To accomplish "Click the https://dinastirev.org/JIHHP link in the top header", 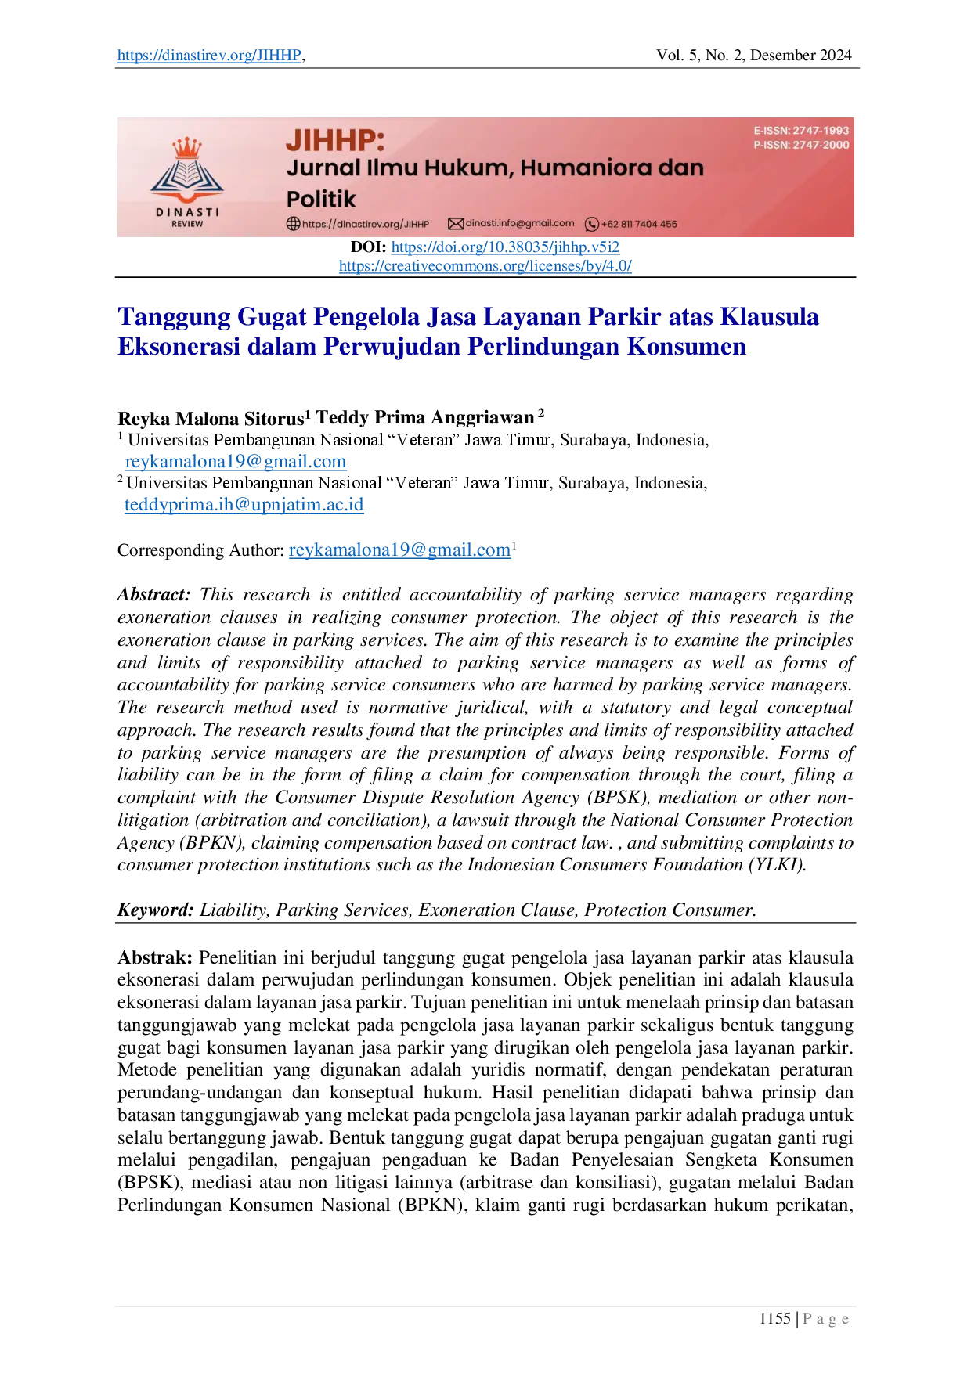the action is (x=209, y=56).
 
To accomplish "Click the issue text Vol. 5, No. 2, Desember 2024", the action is (x=753, y=56).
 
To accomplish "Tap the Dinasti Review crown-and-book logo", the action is (x=187, y=182).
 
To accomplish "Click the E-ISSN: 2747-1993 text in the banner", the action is (x=801, y=131).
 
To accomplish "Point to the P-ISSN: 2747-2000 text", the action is (x=801, y=145).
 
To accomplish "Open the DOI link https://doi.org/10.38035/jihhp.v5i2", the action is (x=505, y=247).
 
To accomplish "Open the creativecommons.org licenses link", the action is (x=485, y=266).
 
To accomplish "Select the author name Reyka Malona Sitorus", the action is (x=211, y=418).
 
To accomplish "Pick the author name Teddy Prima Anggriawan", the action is (x=425, y=417).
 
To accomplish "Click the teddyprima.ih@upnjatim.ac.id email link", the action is (x=244, y=504).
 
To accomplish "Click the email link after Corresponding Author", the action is (x=399, y=550).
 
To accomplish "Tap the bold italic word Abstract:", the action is (x=154, y=595).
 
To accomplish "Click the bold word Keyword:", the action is (x=156, y=910).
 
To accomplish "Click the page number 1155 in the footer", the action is (x=774, y=1319).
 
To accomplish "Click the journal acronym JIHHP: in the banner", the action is (x=335, y=141).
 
